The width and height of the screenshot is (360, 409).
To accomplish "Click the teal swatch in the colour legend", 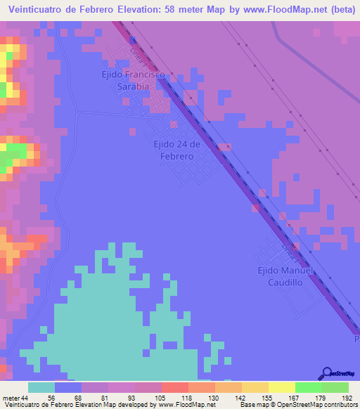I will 41,387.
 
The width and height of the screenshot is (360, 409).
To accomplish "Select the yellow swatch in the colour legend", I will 281,387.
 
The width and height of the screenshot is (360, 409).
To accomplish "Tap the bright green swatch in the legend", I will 308,387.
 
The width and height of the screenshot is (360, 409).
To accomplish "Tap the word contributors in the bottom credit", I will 340,405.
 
